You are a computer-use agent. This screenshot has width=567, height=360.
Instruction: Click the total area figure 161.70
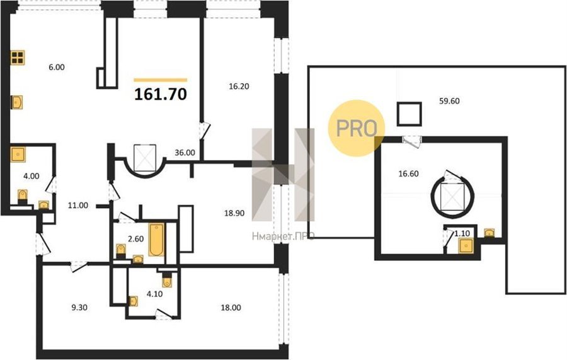(161, 94)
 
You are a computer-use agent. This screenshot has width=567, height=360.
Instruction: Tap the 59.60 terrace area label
(449, 101)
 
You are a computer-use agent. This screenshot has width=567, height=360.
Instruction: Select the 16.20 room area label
(239, 86)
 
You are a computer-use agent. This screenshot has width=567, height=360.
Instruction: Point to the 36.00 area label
(185, 153)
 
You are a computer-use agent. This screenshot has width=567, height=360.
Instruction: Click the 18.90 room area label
(234, 213)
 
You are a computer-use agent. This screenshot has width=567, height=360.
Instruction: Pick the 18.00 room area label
(231, 308)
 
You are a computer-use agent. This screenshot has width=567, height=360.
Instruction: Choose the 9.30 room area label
(79, 308)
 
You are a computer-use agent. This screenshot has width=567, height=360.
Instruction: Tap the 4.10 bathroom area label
(154, 294)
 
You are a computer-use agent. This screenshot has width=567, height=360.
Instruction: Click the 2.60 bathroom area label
(136, 239)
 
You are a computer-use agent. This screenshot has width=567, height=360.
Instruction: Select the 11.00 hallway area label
(78, 206)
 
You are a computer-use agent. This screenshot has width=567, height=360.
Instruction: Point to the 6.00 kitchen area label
(57, 67)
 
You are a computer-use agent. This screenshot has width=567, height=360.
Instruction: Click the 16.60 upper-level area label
(409, 173)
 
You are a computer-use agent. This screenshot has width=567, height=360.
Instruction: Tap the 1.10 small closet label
(462, 233)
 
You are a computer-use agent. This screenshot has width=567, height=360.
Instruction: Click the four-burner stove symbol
(18, 57)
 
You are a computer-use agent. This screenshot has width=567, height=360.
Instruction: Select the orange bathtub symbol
(157, 240)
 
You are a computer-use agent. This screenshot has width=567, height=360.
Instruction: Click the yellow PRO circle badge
(356, 128)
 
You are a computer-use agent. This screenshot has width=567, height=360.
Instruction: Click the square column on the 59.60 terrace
(409, 113)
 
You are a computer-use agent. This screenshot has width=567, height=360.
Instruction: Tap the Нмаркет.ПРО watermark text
(283, 236)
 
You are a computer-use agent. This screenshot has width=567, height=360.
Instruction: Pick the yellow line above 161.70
(161, 80)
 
